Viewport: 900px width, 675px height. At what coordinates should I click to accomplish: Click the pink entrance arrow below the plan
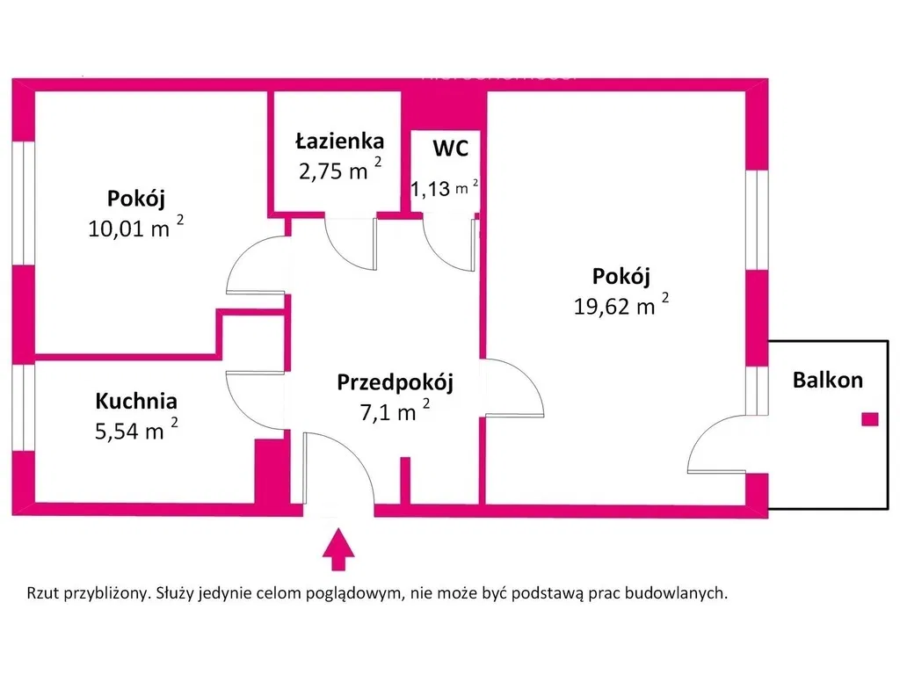coord(338,549)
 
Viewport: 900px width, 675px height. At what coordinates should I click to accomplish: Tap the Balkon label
coord(828,380)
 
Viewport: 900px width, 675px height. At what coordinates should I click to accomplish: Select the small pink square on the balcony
coord(870,419)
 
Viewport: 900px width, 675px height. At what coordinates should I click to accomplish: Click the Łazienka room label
coord(340,141)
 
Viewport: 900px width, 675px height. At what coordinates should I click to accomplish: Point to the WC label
coord(451,148)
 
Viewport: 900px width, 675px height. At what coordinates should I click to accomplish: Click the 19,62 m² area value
coord(621,305)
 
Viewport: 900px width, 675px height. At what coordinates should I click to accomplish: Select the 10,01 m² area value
coord(136,228)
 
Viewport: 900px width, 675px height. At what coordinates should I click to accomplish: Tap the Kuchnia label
coord(136,401)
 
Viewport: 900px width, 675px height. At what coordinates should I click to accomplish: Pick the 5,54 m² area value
coord(136,430)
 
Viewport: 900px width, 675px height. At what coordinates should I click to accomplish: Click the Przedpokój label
coord(395,383)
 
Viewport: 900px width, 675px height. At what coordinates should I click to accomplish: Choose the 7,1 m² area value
coord(395,411)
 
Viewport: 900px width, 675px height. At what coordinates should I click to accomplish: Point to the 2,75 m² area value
coord(340,170)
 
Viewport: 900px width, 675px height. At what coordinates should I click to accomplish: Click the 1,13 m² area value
coord(444,188)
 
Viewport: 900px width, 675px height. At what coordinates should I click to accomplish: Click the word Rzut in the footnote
coord(43,593)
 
